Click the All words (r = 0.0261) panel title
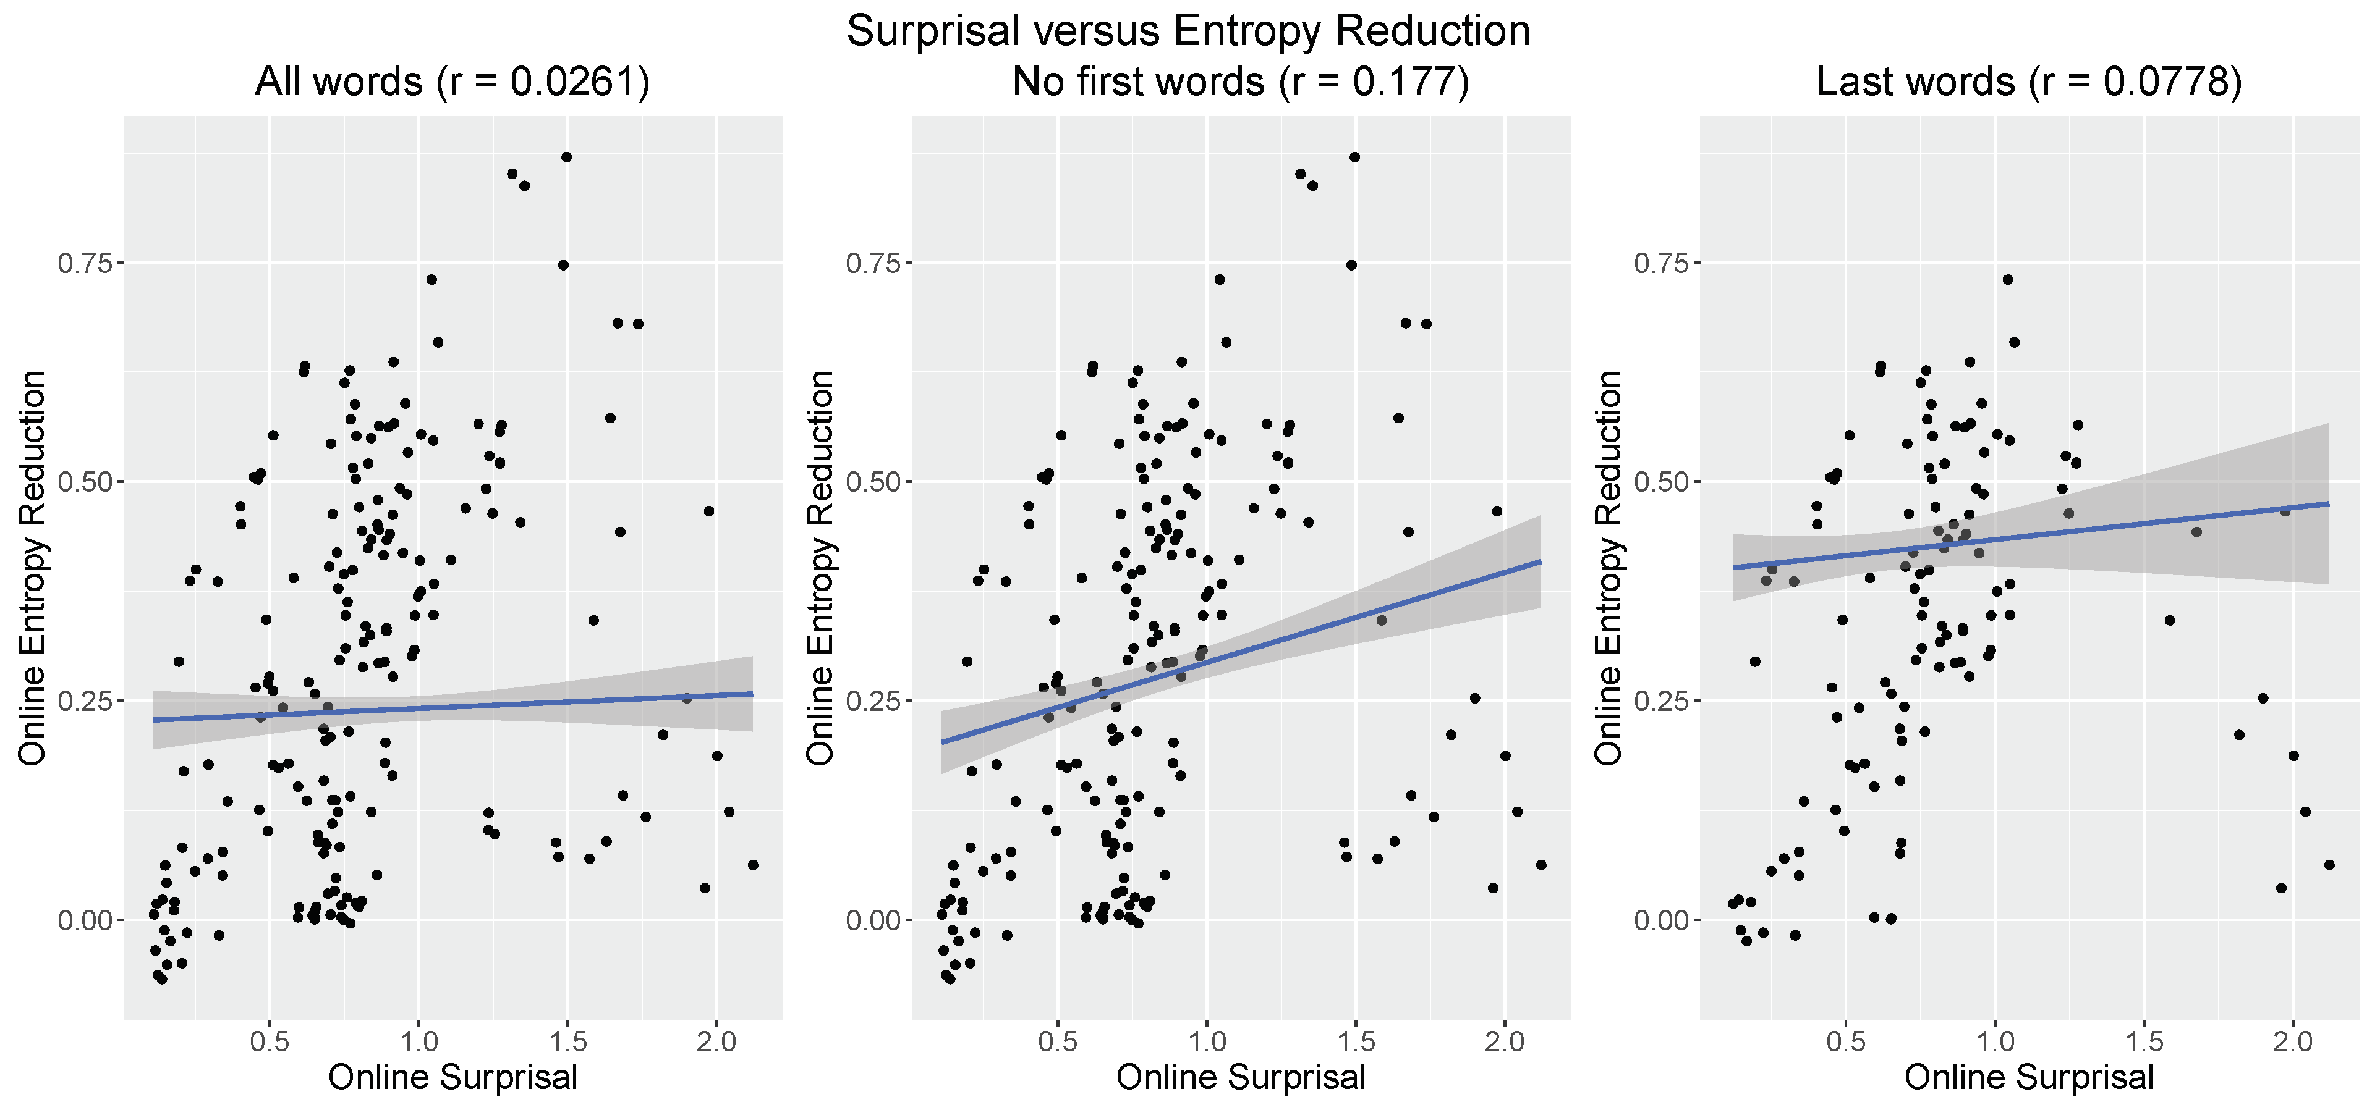point(452,82)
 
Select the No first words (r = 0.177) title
point(1240,82)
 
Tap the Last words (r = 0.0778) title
point(2029,82)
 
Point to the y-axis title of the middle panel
point(820,568)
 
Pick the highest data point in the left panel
point(566,157)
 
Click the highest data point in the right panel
point(2008,279)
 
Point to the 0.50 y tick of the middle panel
point(872,482)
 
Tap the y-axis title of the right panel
point(1609,568)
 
